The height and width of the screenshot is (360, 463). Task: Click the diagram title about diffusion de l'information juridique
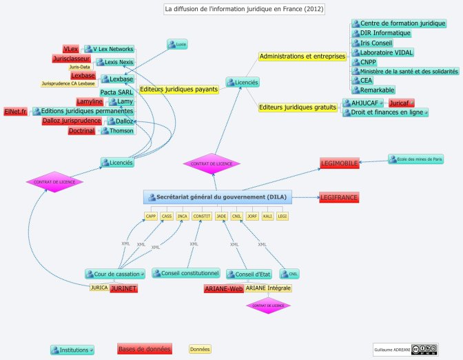pyautogui.click(x=244, y=10)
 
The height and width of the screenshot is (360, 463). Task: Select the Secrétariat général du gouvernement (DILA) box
pyautogui.click(x=218, y=197)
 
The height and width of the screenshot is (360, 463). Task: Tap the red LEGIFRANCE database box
pyautogui.click(x=339, y=198)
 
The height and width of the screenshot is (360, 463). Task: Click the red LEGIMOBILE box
pyautogui.click(x=339, y=163)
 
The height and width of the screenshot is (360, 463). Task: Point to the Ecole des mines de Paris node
pyautogui.click(x=415, y=159)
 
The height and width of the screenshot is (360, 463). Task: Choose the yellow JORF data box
pyautogui.click(x=252, y=217)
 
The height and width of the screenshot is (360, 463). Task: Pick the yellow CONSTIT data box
pyautogui.click(x=202, y=217)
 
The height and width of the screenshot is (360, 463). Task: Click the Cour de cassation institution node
pyautogui.click(x=115, y=274)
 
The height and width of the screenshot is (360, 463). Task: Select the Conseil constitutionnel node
pyautogui.click(x=186, y=274)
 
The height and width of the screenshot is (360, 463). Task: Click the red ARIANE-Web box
pyautogui.click(x=223, y=288)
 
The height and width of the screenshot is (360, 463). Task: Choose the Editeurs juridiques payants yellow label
pyautogui.click(x=179, y=89)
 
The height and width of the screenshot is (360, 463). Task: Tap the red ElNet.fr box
pyautogui.click(x=15, y=112)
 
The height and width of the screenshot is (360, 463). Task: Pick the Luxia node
pyautogui.click(x=177, y=44)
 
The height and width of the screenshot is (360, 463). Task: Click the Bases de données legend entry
pyautogui.click(x=144, y=349)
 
